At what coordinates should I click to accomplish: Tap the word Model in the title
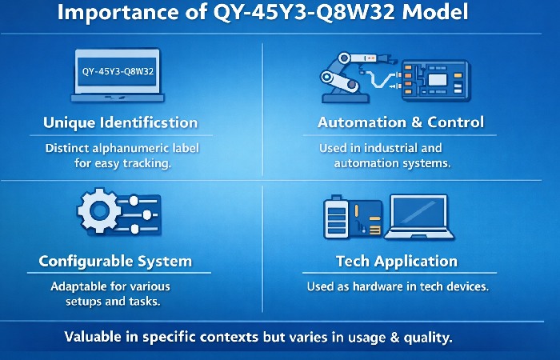[465, 14]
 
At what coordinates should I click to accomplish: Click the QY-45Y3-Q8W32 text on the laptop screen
[118, 71]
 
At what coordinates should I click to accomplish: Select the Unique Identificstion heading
[119, 123]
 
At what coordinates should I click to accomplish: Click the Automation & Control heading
[400, 123]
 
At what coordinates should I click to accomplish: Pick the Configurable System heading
[115, 262]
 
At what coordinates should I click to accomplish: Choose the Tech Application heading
[397, 262]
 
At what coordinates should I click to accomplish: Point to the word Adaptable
[76, 286]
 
